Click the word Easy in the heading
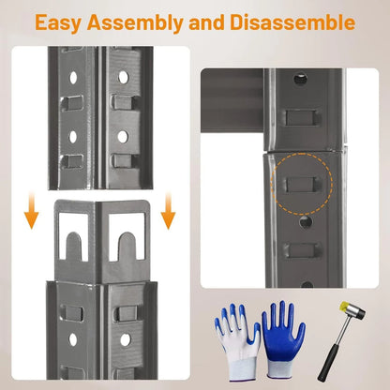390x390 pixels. pyautogui.click(x=58, y=22)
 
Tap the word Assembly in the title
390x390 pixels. pyautogui.click(x=135, y=23)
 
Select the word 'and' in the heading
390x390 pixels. pyautogui.click(x=206, y=22)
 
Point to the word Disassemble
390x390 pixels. pyautogui.click(x=292, y=22)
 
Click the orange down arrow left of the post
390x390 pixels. pyautogui.click(x=31, y=210)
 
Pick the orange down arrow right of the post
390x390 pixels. pyautogui.click(x=168, y=210)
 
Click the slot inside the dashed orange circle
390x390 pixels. pyautogui.click(x=302, y=185)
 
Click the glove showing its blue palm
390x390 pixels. pyautogui.click(x=283, y=339)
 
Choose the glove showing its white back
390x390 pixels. pyautogui.click(x=237, y=342)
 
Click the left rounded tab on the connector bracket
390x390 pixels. pyautogui.click(x=73, y=246)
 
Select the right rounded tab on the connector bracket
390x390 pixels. pyautogui.click(x=126, y=246)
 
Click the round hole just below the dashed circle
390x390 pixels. pyautogui.click(x=306, y=221)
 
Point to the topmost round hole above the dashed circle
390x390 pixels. pyautogui.click(x=300, y=79)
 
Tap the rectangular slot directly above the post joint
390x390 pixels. pyautogui.click(x=301, y=117)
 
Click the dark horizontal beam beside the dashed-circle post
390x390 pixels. pyautogui.click(x=232, y=100)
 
